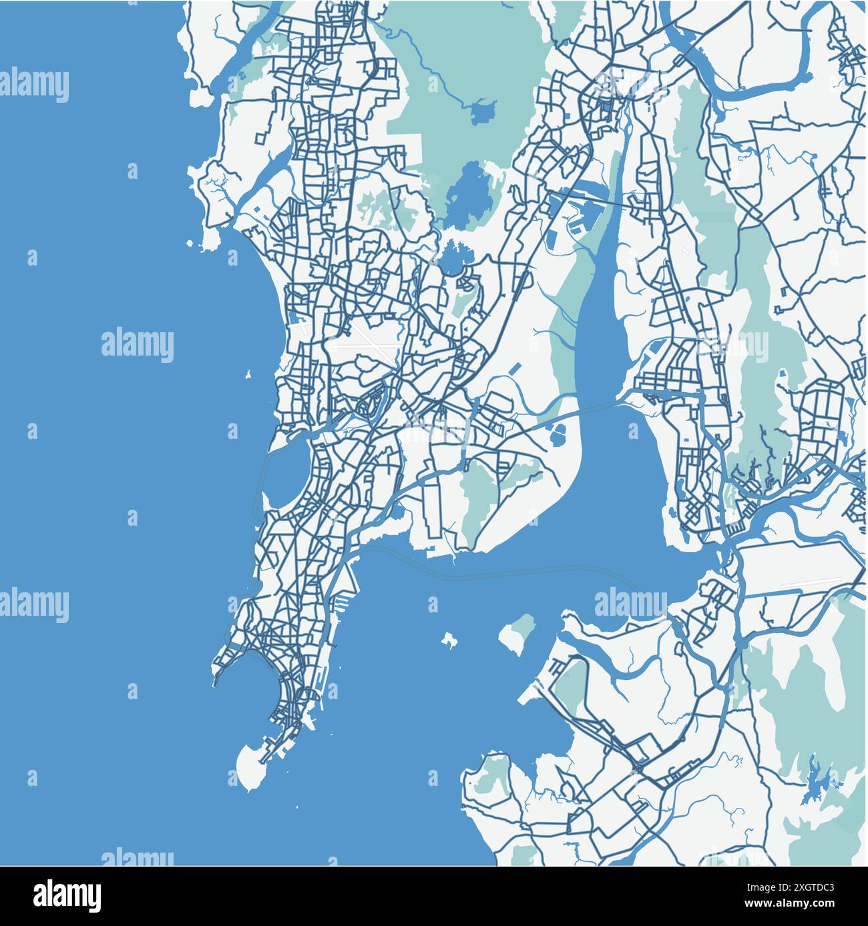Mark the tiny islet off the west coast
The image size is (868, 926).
[248, 374]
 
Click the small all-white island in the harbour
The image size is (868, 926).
[447, 641]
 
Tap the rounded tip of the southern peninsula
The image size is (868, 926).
[250, 767]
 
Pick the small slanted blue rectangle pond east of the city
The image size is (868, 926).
[515, 368]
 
